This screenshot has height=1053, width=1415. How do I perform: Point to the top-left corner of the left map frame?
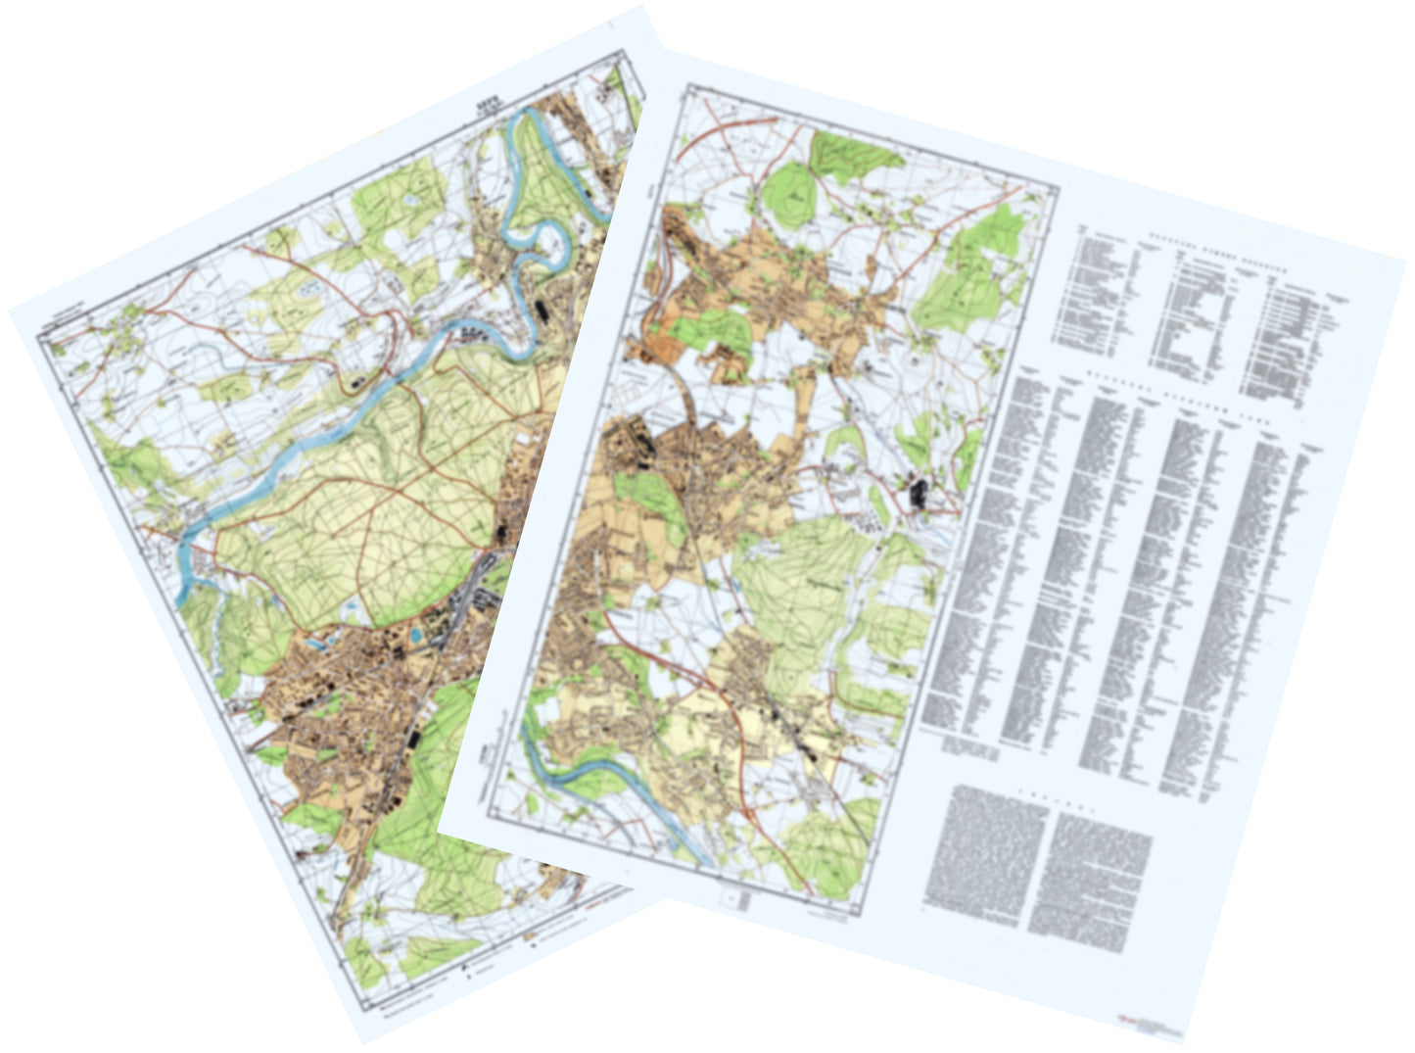39,338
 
